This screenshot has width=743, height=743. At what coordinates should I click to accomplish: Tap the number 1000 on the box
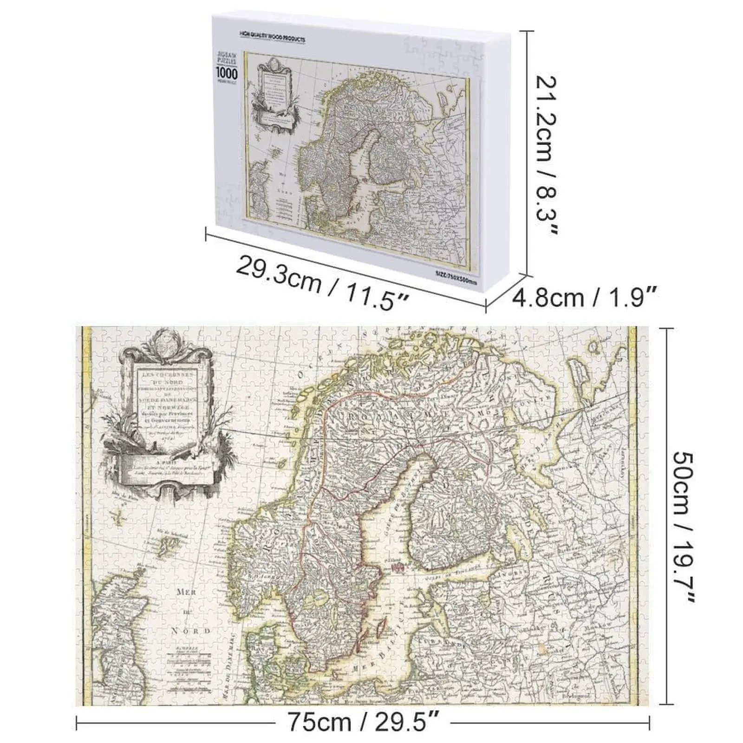pos(227,73)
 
